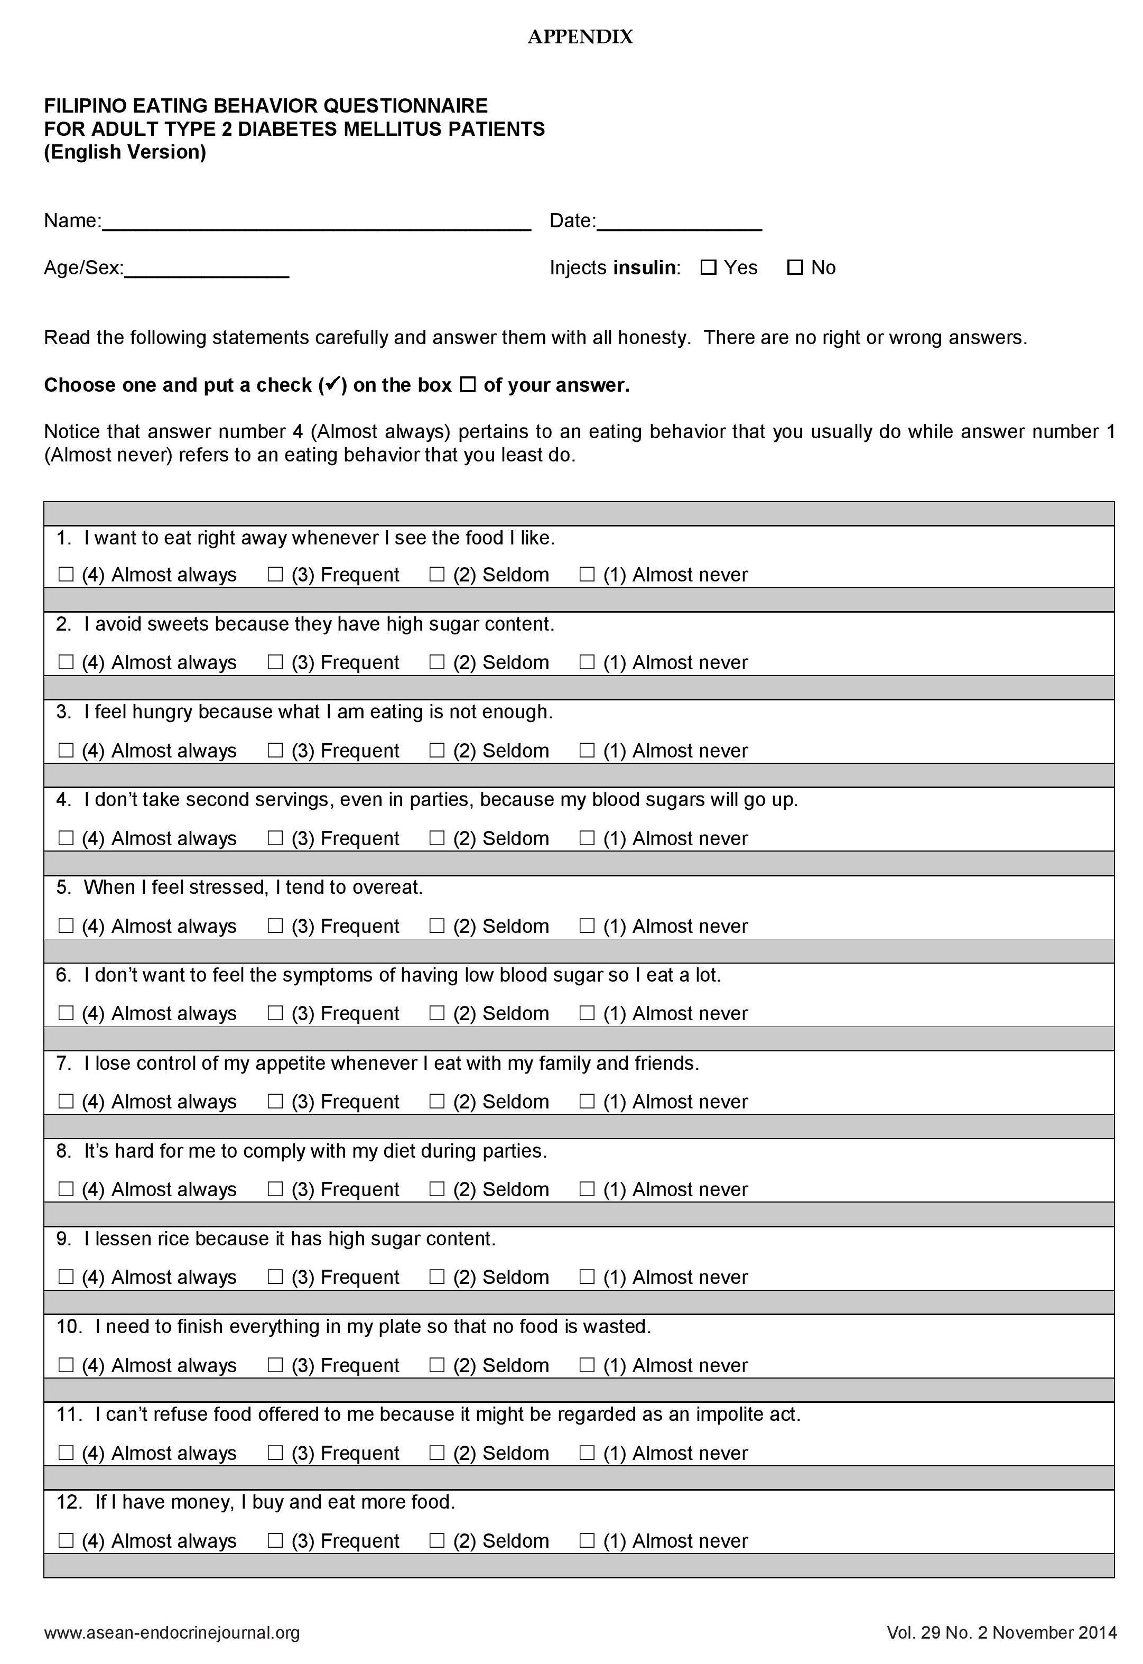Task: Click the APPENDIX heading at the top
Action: [580, 37]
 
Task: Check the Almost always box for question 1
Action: [66, 575]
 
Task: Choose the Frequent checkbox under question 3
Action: [275, 750]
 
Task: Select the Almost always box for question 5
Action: [66, 926]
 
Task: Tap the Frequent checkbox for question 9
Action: [275, 1277]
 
